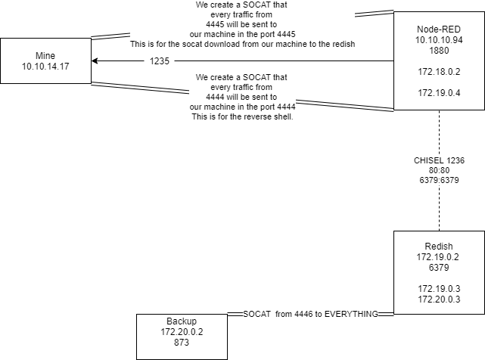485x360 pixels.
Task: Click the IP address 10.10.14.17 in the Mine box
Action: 45,67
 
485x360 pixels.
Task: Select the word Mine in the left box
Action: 45,56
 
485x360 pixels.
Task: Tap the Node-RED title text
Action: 439,28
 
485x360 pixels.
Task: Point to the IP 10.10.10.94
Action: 439,39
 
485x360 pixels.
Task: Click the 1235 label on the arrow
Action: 160,61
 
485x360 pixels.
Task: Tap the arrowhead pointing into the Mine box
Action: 95,61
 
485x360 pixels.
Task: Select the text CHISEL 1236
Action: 438,160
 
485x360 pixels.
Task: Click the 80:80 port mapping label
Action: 438,171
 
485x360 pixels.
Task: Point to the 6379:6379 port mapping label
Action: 438,182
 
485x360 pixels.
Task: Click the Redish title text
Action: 439,247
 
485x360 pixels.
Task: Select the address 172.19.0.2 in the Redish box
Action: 439,257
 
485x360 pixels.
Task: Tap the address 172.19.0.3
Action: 439,289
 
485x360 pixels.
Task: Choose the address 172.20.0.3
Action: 439,299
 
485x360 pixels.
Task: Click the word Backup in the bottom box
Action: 182,321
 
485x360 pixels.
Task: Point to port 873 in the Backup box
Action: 182,343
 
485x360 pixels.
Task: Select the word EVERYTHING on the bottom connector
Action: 346,313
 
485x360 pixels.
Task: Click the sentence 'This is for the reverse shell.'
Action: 242,116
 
